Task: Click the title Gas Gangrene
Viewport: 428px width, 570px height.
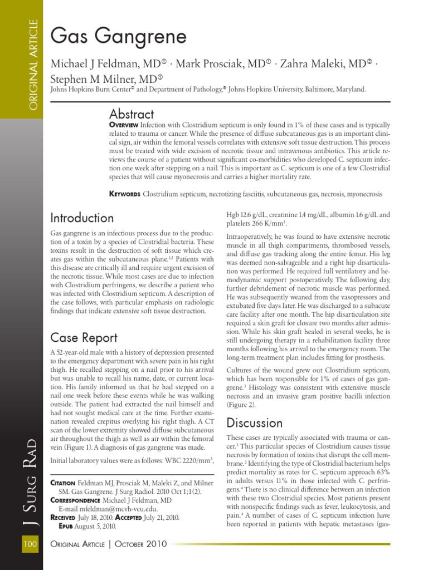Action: (x=118, y=37)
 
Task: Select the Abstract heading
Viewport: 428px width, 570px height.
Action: (x=132, y=114)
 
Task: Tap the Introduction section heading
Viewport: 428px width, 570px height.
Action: (x=82, y=218)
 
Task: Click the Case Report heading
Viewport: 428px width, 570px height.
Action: (x=84, y=337)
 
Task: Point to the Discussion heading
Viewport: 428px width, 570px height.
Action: (x=255, y=423)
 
